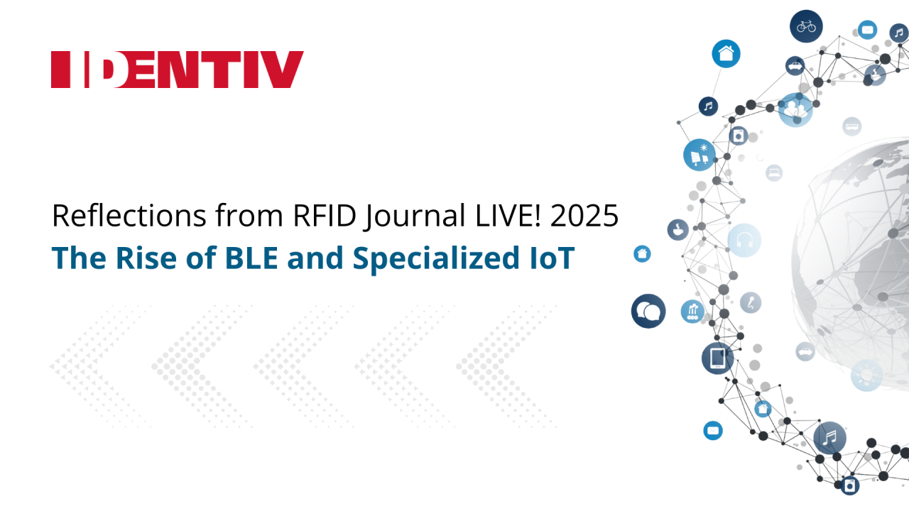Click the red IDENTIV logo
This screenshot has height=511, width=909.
coord(178,70)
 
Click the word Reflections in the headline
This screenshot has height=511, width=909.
coord(129,215)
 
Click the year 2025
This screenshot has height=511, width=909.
coord(584,215)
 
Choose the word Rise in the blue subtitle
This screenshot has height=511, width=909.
coord(146,258)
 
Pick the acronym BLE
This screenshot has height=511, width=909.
coord(251,258)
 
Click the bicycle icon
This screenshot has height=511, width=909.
coord(806,26)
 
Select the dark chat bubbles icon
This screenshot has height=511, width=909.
coord(648,311)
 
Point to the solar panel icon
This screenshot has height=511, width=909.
coord(700,155)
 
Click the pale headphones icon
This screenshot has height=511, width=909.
coord(744,240)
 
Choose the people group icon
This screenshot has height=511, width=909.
coord(795,109)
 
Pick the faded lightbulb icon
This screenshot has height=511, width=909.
coord(867,375)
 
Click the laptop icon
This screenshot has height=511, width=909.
coord(774,173)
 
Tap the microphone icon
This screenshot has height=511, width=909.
coord(751,302)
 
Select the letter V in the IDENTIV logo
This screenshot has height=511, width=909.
coord(283,70)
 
